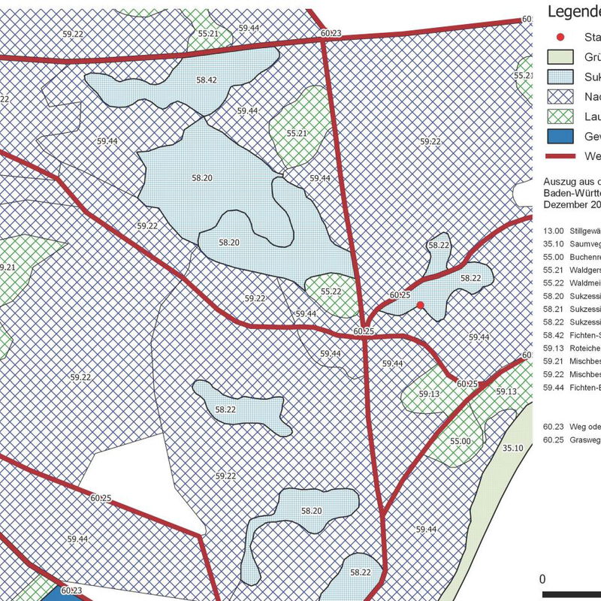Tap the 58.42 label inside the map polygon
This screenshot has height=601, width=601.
[207, 80]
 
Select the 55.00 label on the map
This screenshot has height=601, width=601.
[461, 441]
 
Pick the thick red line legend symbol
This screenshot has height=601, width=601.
[560, 156]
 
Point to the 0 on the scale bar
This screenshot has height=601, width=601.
[543, 578]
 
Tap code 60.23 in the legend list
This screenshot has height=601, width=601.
[554, 425]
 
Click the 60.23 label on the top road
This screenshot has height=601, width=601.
[330, 33]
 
